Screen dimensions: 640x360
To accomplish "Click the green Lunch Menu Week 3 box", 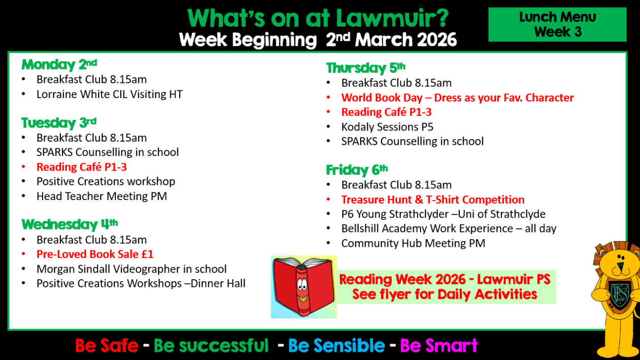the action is [x=557, y=24].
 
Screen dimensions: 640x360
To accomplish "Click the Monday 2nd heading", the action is [x=59, y=64].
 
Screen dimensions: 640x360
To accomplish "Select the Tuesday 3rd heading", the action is [x=59, y=122].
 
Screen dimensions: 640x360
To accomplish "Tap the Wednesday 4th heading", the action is [x=70, y=224].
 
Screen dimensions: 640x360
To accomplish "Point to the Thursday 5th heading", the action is [x=366, y=68].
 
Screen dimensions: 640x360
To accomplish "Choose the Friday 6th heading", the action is [x=357, y=170].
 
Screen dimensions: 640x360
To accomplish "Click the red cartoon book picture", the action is [x=304, y=286].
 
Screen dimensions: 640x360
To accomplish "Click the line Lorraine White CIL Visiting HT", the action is [x=109, y=94].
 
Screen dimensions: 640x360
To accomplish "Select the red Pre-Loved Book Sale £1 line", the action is [x=95, y=254].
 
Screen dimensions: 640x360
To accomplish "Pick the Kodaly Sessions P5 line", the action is [x=387, y=127].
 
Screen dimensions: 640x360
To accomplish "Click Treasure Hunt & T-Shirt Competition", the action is [x=433, y=200].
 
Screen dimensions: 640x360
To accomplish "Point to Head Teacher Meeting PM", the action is [x=102, y=197].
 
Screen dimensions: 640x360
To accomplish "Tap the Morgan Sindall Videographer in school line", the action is [x=132, y=269].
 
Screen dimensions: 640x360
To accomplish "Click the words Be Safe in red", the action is [x=107, y=345].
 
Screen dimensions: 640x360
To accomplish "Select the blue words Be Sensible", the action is [x=336, y=345].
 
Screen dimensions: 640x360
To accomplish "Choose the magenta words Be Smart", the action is [x=439, y=345].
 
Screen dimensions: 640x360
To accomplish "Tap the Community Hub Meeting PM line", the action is [x=413, y=243].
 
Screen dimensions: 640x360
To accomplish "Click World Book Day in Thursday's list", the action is [x=382, y=97].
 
